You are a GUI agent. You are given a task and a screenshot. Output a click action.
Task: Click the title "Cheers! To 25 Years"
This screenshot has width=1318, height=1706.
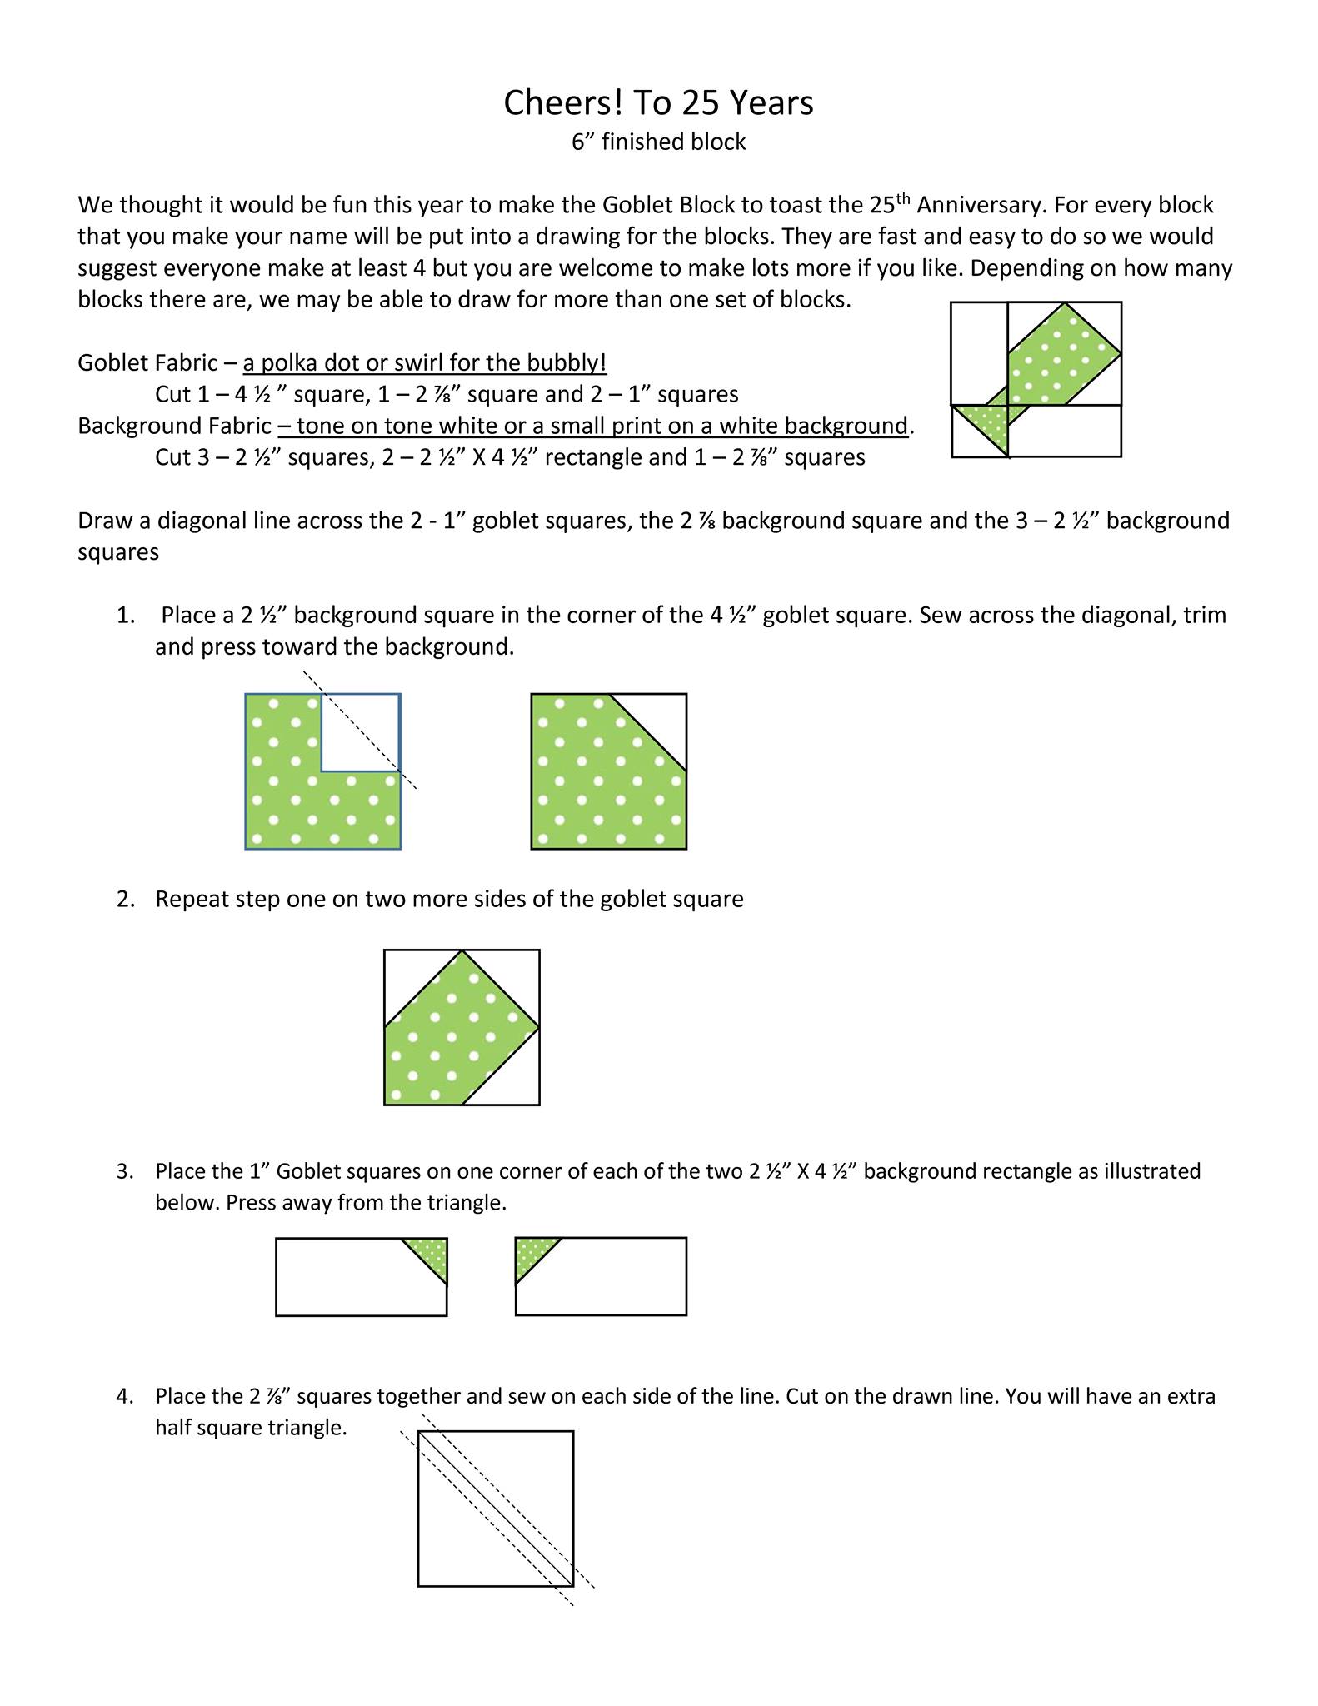point(658,103)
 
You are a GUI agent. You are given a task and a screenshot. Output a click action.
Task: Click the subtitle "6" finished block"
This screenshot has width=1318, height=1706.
point(658,142)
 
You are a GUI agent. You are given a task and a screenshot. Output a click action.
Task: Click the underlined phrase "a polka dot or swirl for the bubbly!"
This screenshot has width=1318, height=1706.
point(425,363)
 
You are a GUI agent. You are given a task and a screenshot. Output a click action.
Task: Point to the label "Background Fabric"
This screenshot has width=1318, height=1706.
point(174,426)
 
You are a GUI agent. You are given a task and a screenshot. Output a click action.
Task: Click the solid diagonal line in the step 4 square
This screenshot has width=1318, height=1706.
point(496,1509)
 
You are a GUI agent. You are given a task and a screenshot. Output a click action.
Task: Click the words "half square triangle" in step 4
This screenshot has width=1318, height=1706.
point(250,1429)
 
